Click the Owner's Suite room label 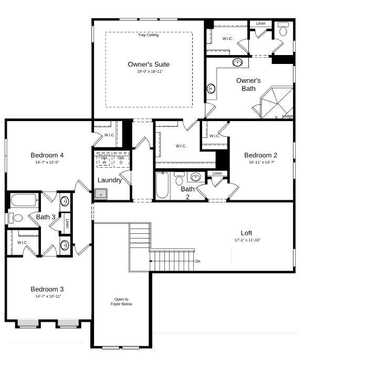[149, 64]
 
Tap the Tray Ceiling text [149, 35]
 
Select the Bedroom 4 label [47, 155]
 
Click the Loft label [247, 233]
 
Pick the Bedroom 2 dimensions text [260, 163]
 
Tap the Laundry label [110, 180]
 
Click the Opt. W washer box [103, 159]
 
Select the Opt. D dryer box [121, 159]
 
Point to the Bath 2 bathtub [162, 186]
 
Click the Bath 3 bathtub [24, 200]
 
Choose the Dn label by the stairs [197, 261]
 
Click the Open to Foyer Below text [121, 301]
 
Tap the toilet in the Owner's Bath [284, 30]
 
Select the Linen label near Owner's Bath [260, 24]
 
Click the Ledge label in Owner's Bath [287, 116]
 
